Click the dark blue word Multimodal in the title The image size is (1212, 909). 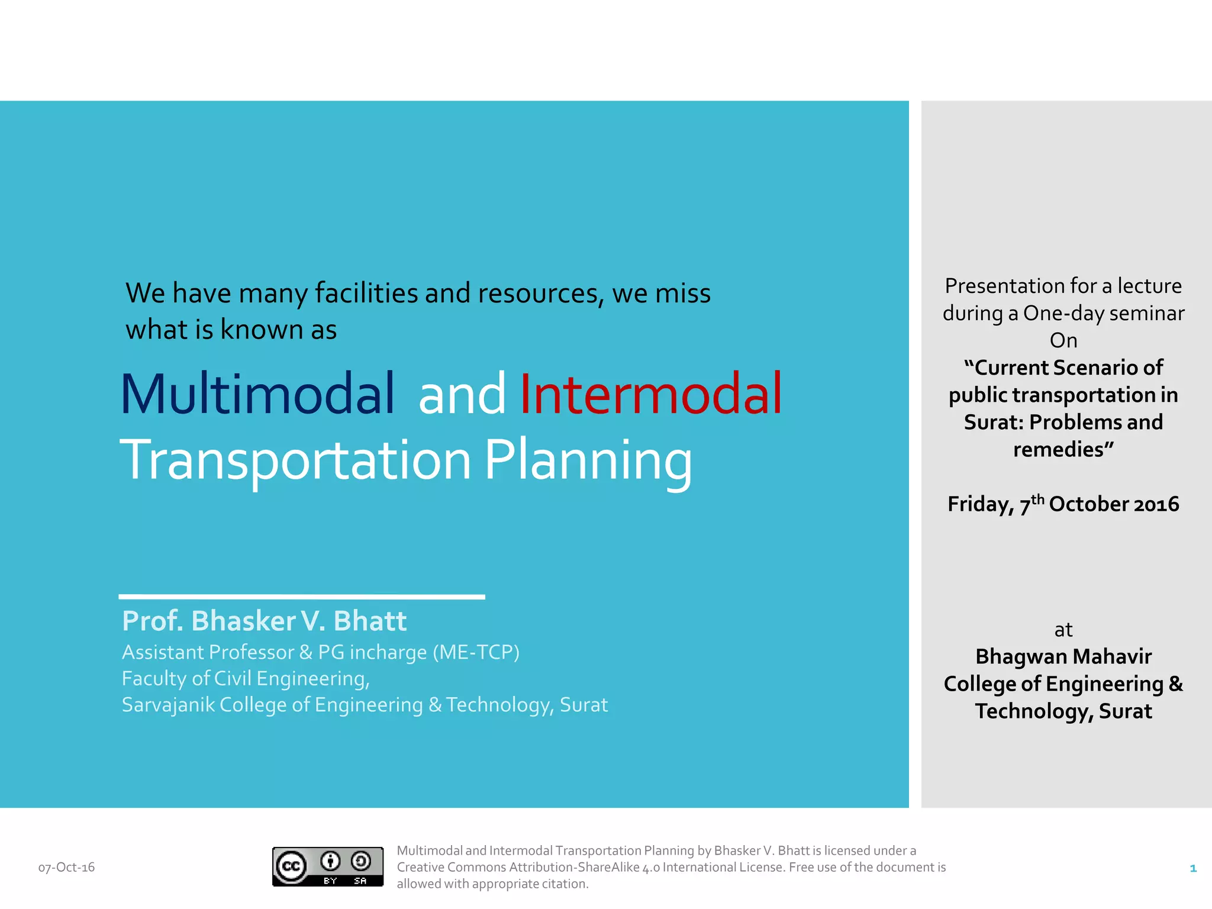[x=257, y=394]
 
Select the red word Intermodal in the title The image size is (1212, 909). [x=650, y=394]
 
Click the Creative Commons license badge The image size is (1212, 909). [x=327, y=866]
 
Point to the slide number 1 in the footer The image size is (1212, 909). [x=1193, y=868]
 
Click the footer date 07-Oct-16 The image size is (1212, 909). [x=66, y=867]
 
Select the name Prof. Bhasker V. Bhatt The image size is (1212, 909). [x=264, y=621]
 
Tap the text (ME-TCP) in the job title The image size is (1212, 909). [x=476, y=652]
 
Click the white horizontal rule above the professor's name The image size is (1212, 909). [x=302, y=597]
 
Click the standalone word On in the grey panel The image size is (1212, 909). [x=1063, y=340]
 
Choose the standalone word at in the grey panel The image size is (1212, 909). [x=1063, y=630]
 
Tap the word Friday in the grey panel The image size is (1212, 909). [x=980, y=505]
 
